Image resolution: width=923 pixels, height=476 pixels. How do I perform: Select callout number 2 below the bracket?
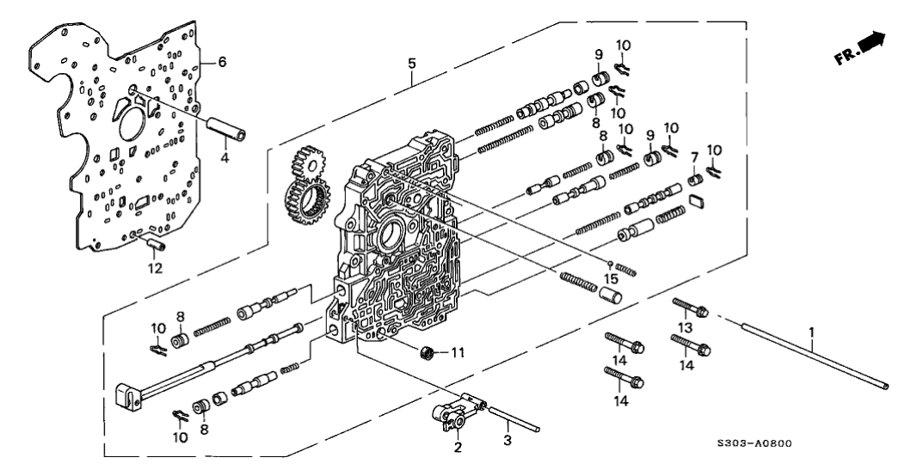click(458, 448)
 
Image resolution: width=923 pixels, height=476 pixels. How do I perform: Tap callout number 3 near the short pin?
click(508, 441)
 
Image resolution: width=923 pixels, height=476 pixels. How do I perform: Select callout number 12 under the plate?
click(155, 267)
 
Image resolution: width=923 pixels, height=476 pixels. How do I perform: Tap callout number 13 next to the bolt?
click(686, 327)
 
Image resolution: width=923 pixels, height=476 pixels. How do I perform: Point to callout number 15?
click(610, 278)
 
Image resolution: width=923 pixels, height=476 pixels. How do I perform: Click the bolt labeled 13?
click(691, 307)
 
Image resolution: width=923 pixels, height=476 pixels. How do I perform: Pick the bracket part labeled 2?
click(452, 415)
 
